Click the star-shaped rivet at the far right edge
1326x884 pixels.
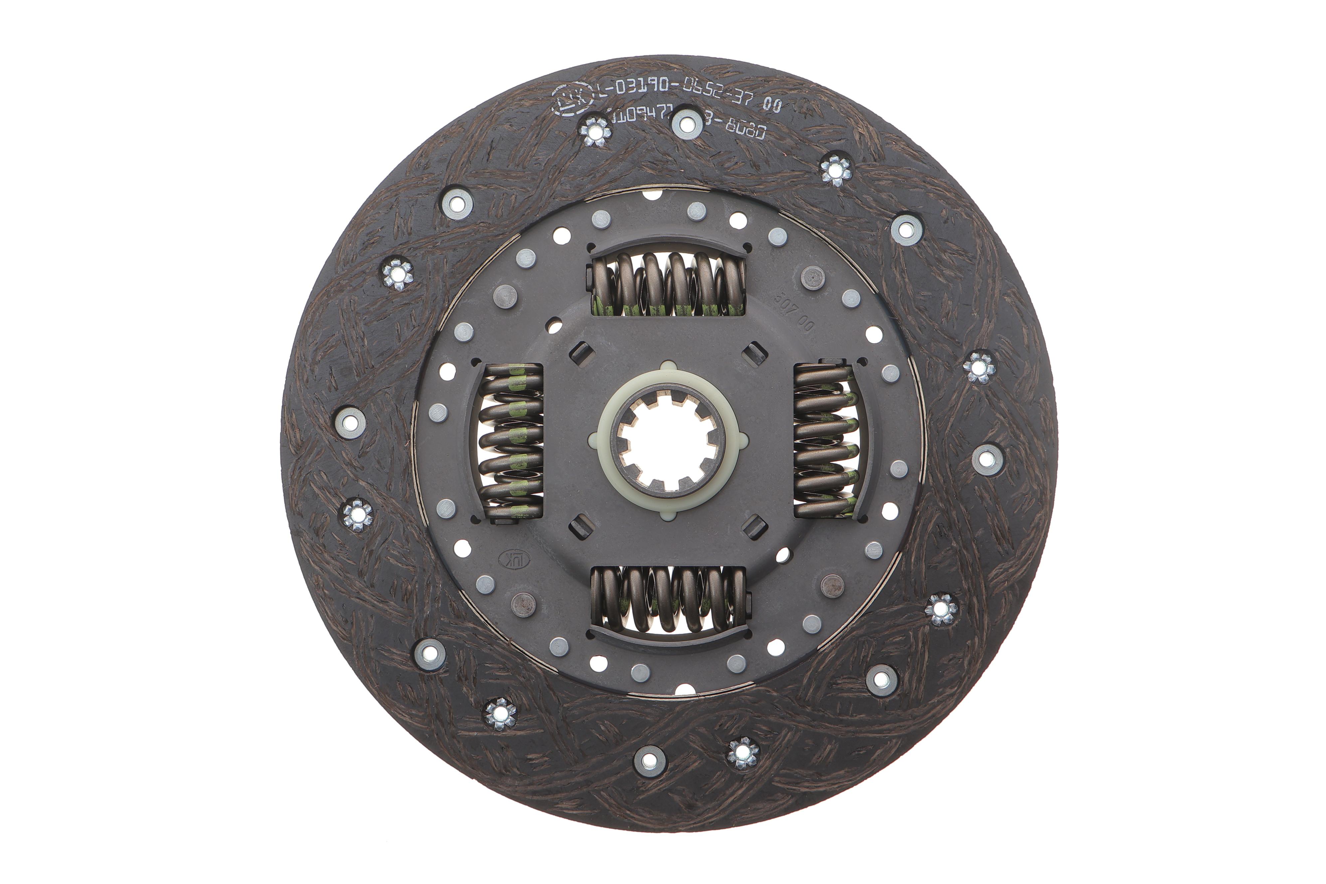click(x=979, y=367)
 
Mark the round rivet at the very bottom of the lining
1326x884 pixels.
click(x=649, y=760)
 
